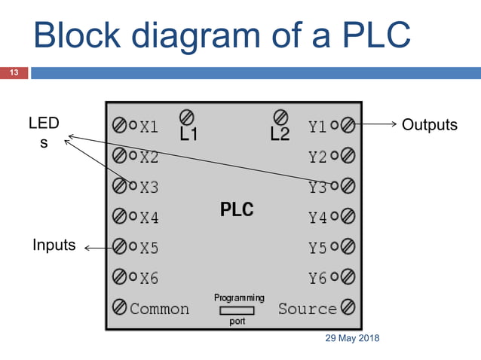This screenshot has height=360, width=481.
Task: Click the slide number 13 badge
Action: point(14,73)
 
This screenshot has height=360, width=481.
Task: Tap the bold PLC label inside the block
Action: point(237,209)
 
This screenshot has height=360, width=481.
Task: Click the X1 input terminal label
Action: point(149,127)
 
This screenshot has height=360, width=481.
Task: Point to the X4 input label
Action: point(149,218)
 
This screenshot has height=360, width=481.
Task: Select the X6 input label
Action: point(149,278)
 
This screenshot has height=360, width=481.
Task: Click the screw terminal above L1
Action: point(187,117)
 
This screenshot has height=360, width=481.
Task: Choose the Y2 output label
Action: point(318,157)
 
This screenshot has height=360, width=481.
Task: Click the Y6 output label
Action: point(318,278)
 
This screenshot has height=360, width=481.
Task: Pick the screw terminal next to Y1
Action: point(348,126)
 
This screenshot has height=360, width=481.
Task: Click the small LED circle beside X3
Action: point(133,185)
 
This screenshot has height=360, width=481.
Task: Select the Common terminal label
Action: point(159,309)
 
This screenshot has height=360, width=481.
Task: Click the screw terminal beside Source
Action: point(348,307)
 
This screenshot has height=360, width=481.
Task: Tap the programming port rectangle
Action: point(237,310)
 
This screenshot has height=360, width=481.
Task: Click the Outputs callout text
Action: point(429,125)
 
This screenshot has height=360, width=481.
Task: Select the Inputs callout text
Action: point(54,245)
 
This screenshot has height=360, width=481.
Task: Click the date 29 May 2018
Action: point(352,338)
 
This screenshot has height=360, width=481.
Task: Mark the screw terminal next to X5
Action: point(119,246)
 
